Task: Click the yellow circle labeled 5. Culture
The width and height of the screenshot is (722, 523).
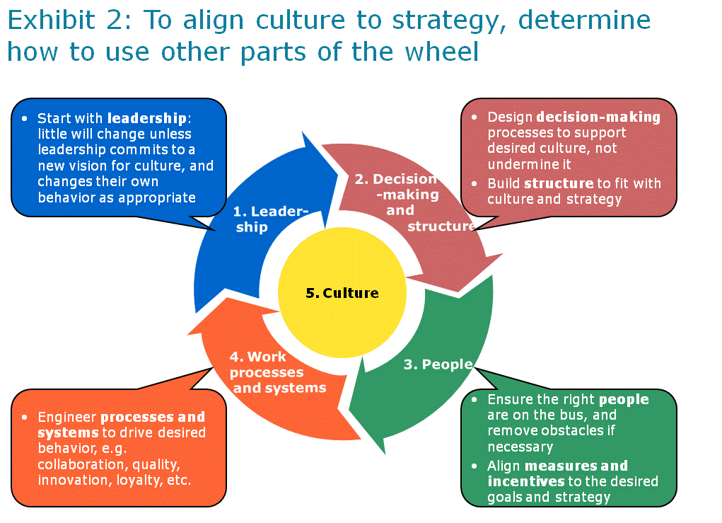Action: [342, 293]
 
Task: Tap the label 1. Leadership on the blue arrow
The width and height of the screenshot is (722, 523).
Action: [271, 219]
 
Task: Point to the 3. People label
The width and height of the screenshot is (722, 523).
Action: [438, 364]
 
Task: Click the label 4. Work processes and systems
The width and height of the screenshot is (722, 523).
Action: [277, 373]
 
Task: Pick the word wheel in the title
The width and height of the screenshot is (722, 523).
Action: [441, 52]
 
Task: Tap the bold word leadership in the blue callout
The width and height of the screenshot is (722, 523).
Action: [146, 118]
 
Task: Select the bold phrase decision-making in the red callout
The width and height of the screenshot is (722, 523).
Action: [598, 117]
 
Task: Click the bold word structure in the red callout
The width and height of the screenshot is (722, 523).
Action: [559, 183]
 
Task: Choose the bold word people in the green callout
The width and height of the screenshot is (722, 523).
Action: [624, 400]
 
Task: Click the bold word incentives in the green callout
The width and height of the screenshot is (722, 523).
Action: [525, 481]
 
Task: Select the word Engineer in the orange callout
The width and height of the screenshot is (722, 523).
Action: [66, 417]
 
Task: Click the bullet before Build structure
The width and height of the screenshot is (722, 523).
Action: [476, 183]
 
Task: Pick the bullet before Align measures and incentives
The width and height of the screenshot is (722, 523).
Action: [476, 466]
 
